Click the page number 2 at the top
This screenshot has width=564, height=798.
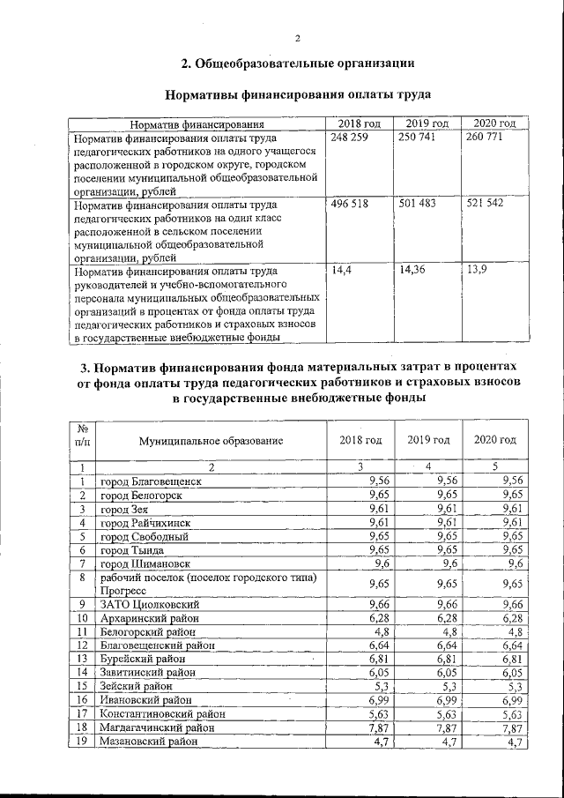click(x=298, y=38)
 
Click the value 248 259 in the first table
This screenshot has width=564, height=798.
click(x=347, y=139)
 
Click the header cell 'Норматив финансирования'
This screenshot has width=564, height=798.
click(x=197, y=124)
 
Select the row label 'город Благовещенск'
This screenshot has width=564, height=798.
click(x=152, y=481)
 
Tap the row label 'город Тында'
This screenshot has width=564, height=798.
click(x=132, y=548)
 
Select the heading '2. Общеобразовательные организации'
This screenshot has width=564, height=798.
click(x=298, y=63)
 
